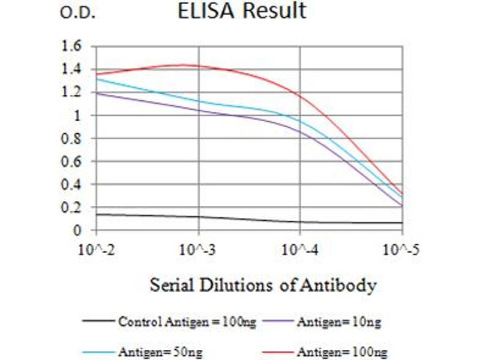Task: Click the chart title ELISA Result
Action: click(241, 11)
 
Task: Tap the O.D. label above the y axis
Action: click(78, 13)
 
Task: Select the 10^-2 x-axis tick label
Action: click(97, 248)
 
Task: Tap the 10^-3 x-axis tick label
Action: click(199, 248)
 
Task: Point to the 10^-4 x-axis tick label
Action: click(300, 248)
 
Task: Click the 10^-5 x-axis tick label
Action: click(401, 248)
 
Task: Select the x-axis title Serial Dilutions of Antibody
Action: click(263, 284)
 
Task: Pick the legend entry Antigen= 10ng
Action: click(338, 322)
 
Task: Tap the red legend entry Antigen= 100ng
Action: click(341, 350)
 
